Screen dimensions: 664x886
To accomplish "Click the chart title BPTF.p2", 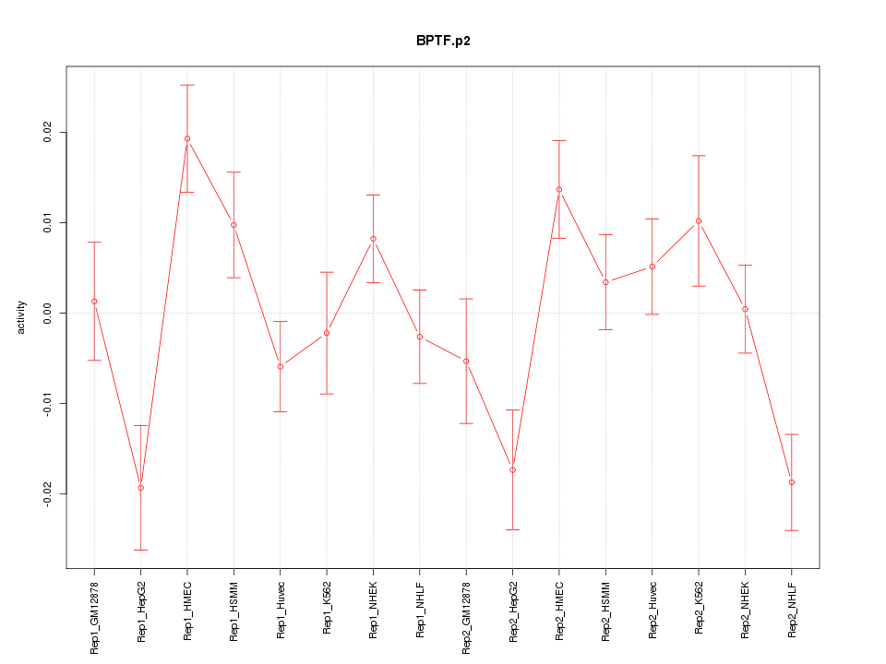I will [443, 41].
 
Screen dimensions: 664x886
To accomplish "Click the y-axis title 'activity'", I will [21, 317].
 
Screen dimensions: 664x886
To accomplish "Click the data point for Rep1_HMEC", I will [187, 138].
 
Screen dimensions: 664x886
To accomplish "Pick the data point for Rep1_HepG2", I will [141, 487].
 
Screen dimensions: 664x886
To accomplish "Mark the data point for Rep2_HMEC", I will [559, 189].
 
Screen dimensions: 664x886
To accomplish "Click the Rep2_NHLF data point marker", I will [792, 482].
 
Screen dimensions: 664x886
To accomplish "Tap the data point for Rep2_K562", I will [699, 220].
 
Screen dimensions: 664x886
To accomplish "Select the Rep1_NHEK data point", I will [373, 239].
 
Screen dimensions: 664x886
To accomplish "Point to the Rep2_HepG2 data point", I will [512, 470].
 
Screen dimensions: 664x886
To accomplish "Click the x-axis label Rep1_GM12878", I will [94, 616].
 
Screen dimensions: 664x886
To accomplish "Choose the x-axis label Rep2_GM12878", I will [466, 616].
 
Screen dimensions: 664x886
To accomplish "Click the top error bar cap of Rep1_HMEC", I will [187, 85].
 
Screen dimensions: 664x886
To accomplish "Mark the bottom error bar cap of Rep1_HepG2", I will [141, 550].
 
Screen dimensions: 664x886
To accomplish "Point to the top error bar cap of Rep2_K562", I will [699, 155].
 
